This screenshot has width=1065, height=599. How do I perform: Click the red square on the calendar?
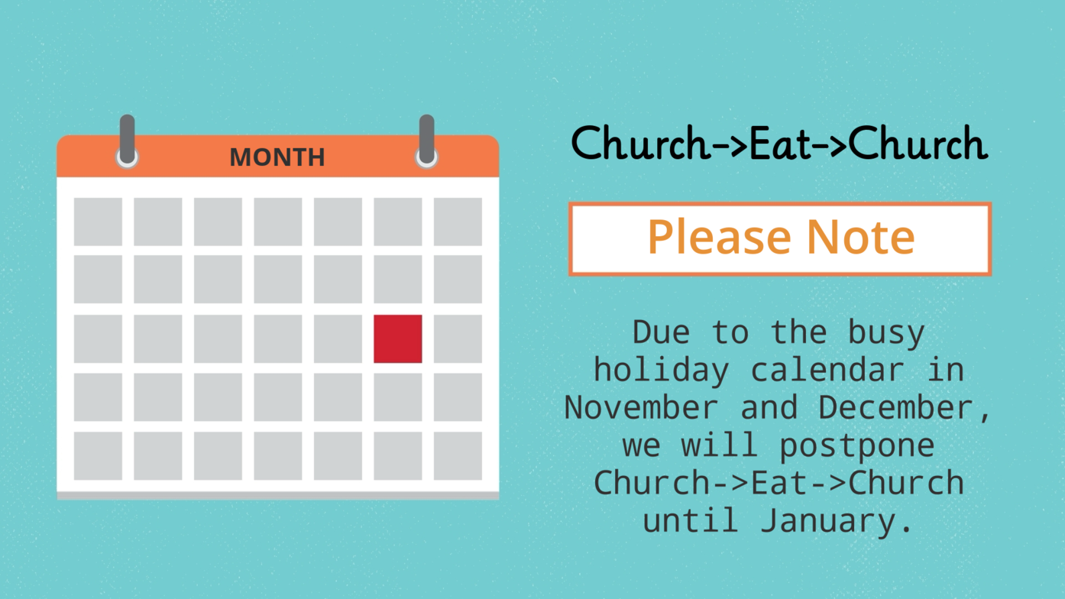pos(397,338)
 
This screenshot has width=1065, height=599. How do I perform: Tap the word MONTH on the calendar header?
pos(277,157)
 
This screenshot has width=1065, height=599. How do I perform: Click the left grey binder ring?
pos(127,141)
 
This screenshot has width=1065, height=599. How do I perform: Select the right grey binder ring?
pos(426,141)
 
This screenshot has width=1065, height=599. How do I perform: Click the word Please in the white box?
pos(720,237)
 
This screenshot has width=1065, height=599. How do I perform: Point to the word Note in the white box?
pos(861,237)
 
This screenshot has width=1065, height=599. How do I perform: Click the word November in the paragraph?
pos(641,408)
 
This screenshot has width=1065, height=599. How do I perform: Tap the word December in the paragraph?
pos(895,408)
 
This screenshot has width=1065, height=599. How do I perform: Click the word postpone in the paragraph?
pos(856,447)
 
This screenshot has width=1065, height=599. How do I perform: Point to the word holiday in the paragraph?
pos(661,371)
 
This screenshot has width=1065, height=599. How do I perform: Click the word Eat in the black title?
pos(780,143)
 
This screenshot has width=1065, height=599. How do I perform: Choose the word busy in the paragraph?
pos(886,334)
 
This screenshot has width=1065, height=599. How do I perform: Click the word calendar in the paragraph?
pos(827,370)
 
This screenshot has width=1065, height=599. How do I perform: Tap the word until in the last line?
pos(691,520)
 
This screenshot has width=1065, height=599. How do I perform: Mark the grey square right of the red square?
pos(458,338)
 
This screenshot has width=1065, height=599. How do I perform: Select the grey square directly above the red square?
pos(397,279)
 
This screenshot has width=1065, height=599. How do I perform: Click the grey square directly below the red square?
pos(397,397)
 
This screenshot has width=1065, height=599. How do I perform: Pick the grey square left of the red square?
pos(338,338)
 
